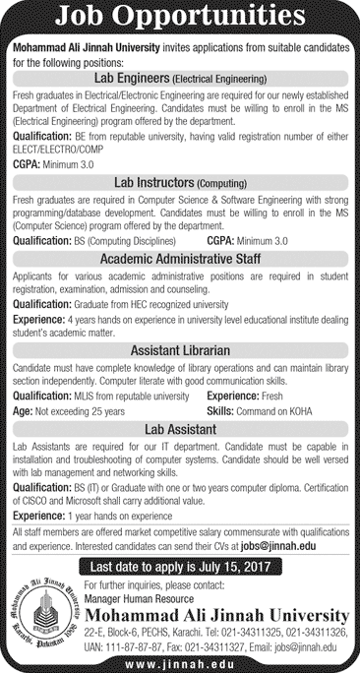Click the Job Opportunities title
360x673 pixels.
pyautogui.click(x=180, y=16)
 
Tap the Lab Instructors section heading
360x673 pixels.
pyautogui.click(x=180, y=182)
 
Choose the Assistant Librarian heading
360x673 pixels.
pyautogui.click(x=180, y=348)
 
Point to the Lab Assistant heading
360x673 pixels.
pyautogui.click(x=180, y=429)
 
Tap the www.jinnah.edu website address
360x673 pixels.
pyautogui.click(x=180, y=662)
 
